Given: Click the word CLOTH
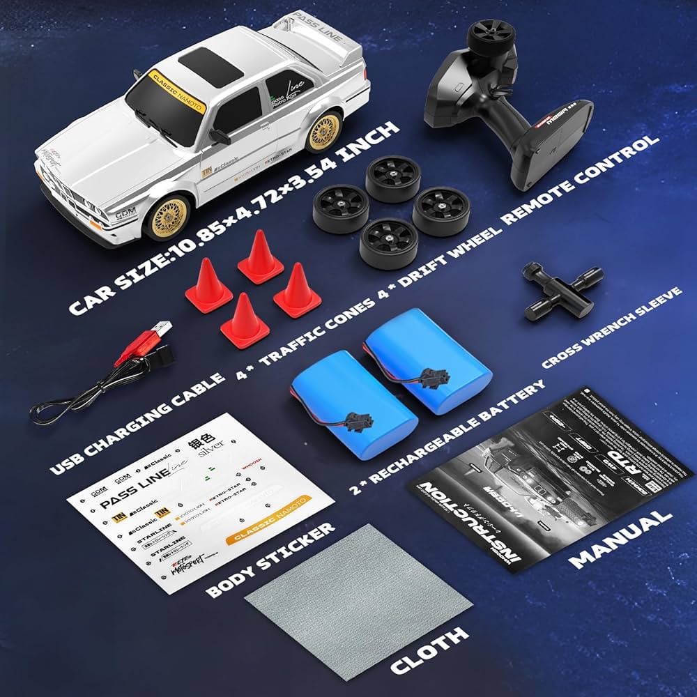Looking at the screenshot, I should [429, 648].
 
